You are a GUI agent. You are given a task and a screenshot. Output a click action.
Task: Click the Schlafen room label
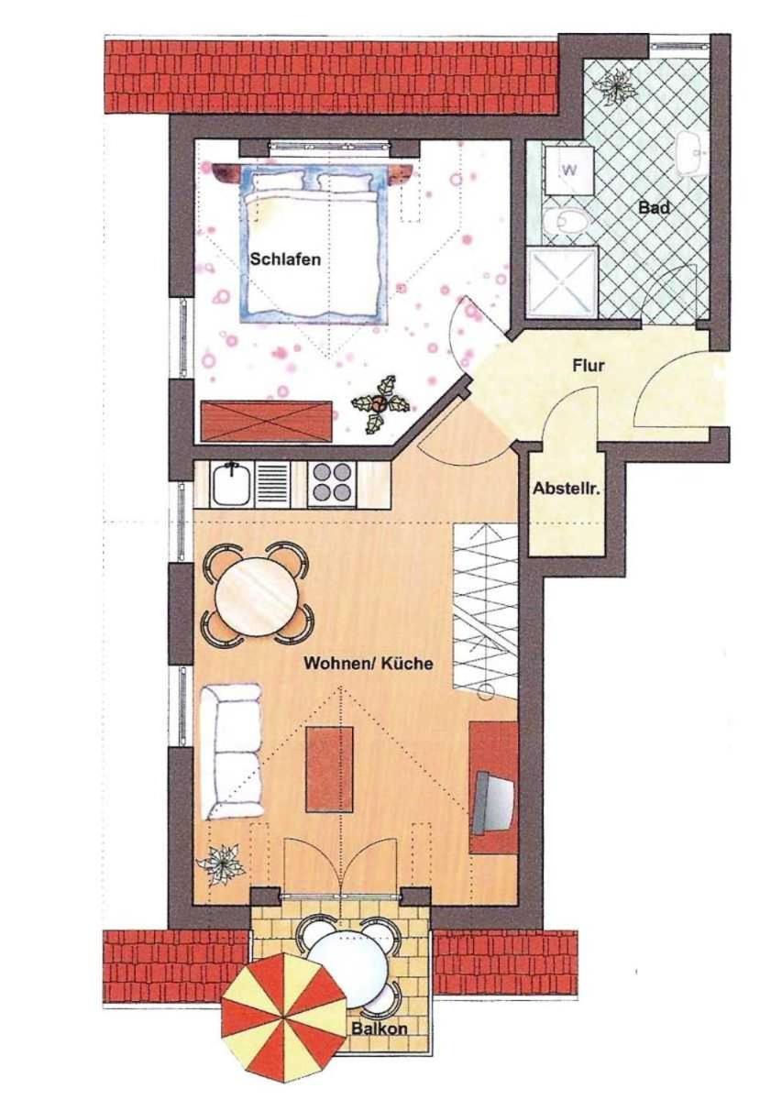(285, 258)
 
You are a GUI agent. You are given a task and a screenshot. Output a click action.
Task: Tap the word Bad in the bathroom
(654, 207)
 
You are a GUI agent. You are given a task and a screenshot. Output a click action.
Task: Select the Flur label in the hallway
(588, 366)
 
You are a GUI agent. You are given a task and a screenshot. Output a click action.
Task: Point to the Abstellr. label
(567, 489)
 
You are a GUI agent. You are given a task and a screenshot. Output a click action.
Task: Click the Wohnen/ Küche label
(369, 664)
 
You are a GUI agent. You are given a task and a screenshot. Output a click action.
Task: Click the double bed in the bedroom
(314, 246)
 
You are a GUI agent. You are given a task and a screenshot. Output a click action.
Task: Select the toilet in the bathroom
(566, 221)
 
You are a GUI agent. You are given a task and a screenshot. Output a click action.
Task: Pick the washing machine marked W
(569, 170)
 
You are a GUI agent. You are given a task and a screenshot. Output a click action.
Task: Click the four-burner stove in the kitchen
(332, 484)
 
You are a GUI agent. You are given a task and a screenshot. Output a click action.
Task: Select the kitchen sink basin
(230, 485)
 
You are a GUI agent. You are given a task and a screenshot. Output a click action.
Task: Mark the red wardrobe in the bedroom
(266, 422)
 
